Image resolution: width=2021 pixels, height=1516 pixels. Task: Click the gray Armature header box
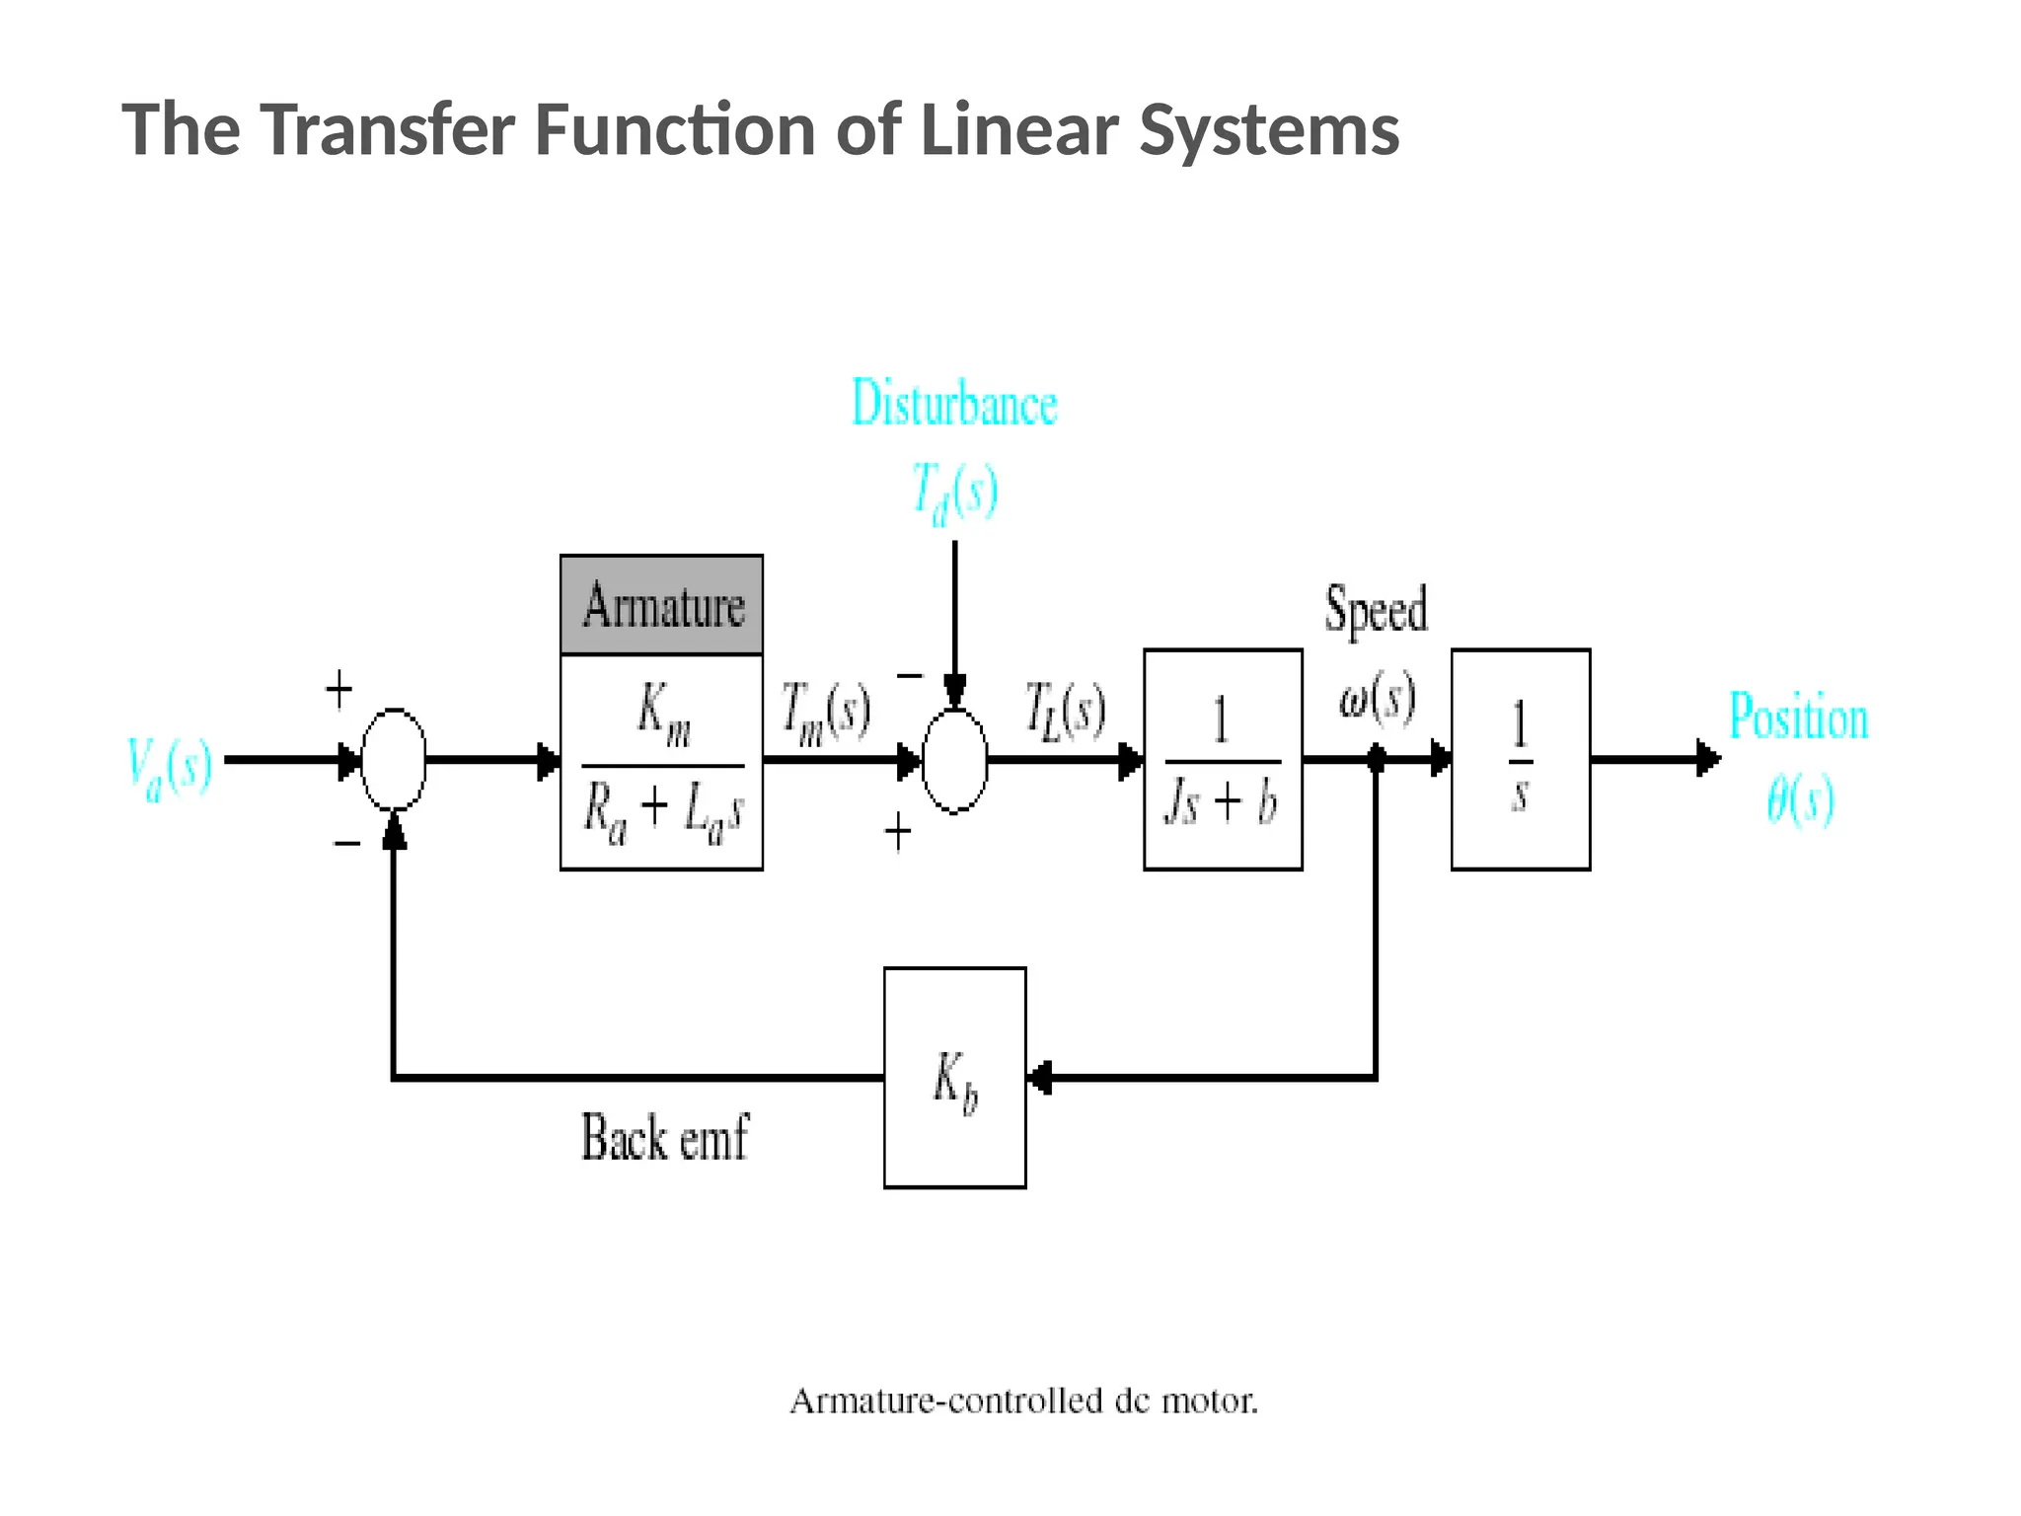[661, 604]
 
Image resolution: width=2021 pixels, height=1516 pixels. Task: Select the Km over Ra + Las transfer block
[661, 762]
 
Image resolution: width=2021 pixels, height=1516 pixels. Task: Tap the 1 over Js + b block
[1223, 759]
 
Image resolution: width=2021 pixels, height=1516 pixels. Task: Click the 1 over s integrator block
[1520, 759]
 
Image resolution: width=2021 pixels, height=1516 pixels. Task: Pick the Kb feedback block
[954, 1077]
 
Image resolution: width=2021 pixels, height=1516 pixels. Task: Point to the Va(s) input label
[170, 767]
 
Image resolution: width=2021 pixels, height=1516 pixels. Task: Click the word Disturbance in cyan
[954, 404]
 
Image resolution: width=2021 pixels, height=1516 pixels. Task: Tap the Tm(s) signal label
[825, 713]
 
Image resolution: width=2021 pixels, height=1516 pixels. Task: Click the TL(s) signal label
[1065, 711]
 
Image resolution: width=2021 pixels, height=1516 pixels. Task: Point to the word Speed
[1376, 609]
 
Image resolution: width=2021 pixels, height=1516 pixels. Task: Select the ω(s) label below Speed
[1378, 698]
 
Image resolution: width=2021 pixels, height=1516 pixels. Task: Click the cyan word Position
[1798, 717]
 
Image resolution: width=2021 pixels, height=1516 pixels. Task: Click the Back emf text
[664, 1138]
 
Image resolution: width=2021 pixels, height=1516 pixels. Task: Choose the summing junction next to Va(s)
[394, 759]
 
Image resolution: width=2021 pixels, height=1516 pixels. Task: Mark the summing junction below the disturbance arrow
[954, 760]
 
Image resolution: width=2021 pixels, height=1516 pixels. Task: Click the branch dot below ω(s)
[1376, 759]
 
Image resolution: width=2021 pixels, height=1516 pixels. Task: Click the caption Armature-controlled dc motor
[1023, 1402]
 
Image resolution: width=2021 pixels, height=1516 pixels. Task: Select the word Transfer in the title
[388, 129]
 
